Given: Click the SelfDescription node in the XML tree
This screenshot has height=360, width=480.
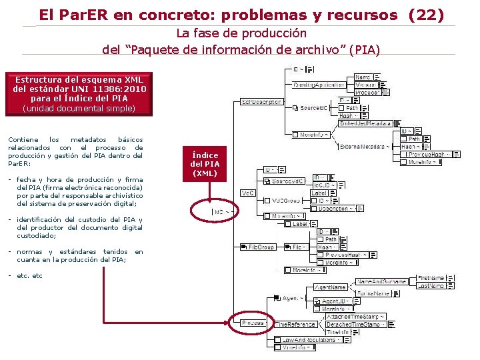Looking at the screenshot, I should (x=261, y=102).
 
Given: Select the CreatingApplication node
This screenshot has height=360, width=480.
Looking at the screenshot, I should (x=319, y=85).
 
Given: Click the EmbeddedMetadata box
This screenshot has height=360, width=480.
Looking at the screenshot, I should (x=365, y=123).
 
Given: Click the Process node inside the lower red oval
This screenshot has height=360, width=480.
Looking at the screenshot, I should (x=254, y=323).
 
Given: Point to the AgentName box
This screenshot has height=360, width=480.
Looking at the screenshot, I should (x=331, y=287).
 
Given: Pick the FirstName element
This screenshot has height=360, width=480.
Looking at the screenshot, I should (x=431, y=278).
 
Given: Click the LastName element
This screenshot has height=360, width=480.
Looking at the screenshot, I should (x=431, y=285).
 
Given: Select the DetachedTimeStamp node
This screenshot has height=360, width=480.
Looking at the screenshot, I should (x=353, y=324).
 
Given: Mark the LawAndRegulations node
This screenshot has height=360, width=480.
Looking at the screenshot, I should (x=309, y=339).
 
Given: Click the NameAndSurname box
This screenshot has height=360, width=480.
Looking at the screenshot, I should (x=381, y=281).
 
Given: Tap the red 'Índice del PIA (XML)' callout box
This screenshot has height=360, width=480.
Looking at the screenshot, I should (x=205, y=163).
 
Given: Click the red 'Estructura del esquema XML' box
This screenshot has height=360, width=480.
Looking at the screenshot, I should (x=79, y=93).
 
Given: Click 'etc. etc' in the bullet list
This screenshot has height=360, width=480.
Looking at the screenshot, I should (x=29, y=275).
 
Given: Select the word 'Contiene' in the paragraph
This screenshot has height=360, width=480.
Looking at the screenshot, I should (x=21, y=139).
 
